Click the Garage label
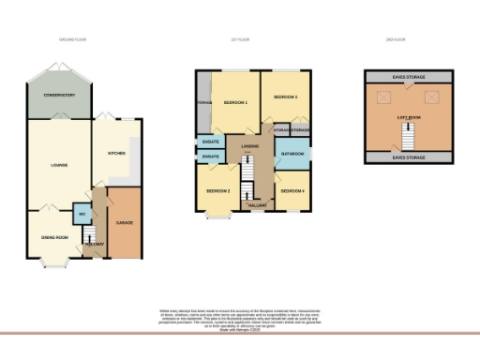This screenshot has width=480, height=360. point(124,224)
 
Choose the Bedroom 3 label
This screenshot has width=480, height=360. point(285,97)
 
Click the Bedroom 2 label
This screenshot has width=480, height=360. point(218,191)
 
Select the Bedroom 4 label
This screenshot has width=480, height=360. point(292,191)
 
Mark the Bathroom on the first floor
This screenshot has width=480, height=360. point(292,154)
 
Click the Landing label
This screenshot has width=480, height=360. point(249,147)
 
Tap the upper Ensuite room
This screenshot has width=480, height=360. point(211,142)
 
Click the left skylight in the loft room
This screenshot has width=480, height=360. point(382,97)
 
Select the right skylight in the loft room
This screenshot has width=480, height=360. point(431,96)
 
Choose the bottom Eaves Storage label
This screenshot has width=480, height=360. point(406,157)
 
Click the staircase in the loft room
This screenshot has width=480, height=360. point(406,139)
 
